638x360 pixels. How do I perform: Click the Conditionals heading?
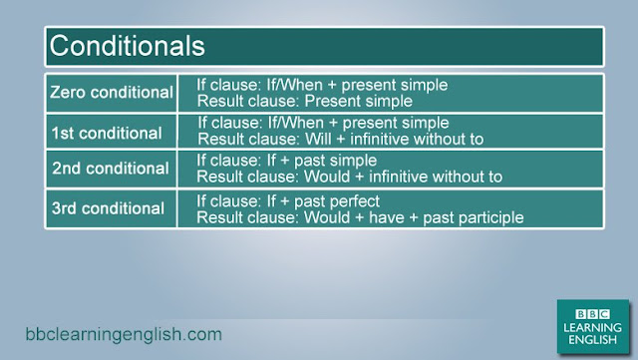128,46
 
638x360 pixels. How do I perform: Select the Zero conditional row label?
112,93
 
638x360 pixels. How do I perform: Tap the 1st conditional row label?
107,132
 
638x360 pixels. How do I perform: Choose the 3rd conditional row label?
108,208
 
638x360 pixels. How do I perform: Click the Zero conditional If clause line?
321,85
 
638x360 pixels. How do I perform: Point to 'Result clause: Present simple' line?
304,101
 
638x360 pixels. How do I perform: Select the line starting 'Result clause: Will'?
340,139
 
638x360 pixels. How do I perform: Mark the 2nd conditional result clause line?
349,177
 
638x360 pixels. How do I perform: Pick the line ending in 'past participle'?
360,216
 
